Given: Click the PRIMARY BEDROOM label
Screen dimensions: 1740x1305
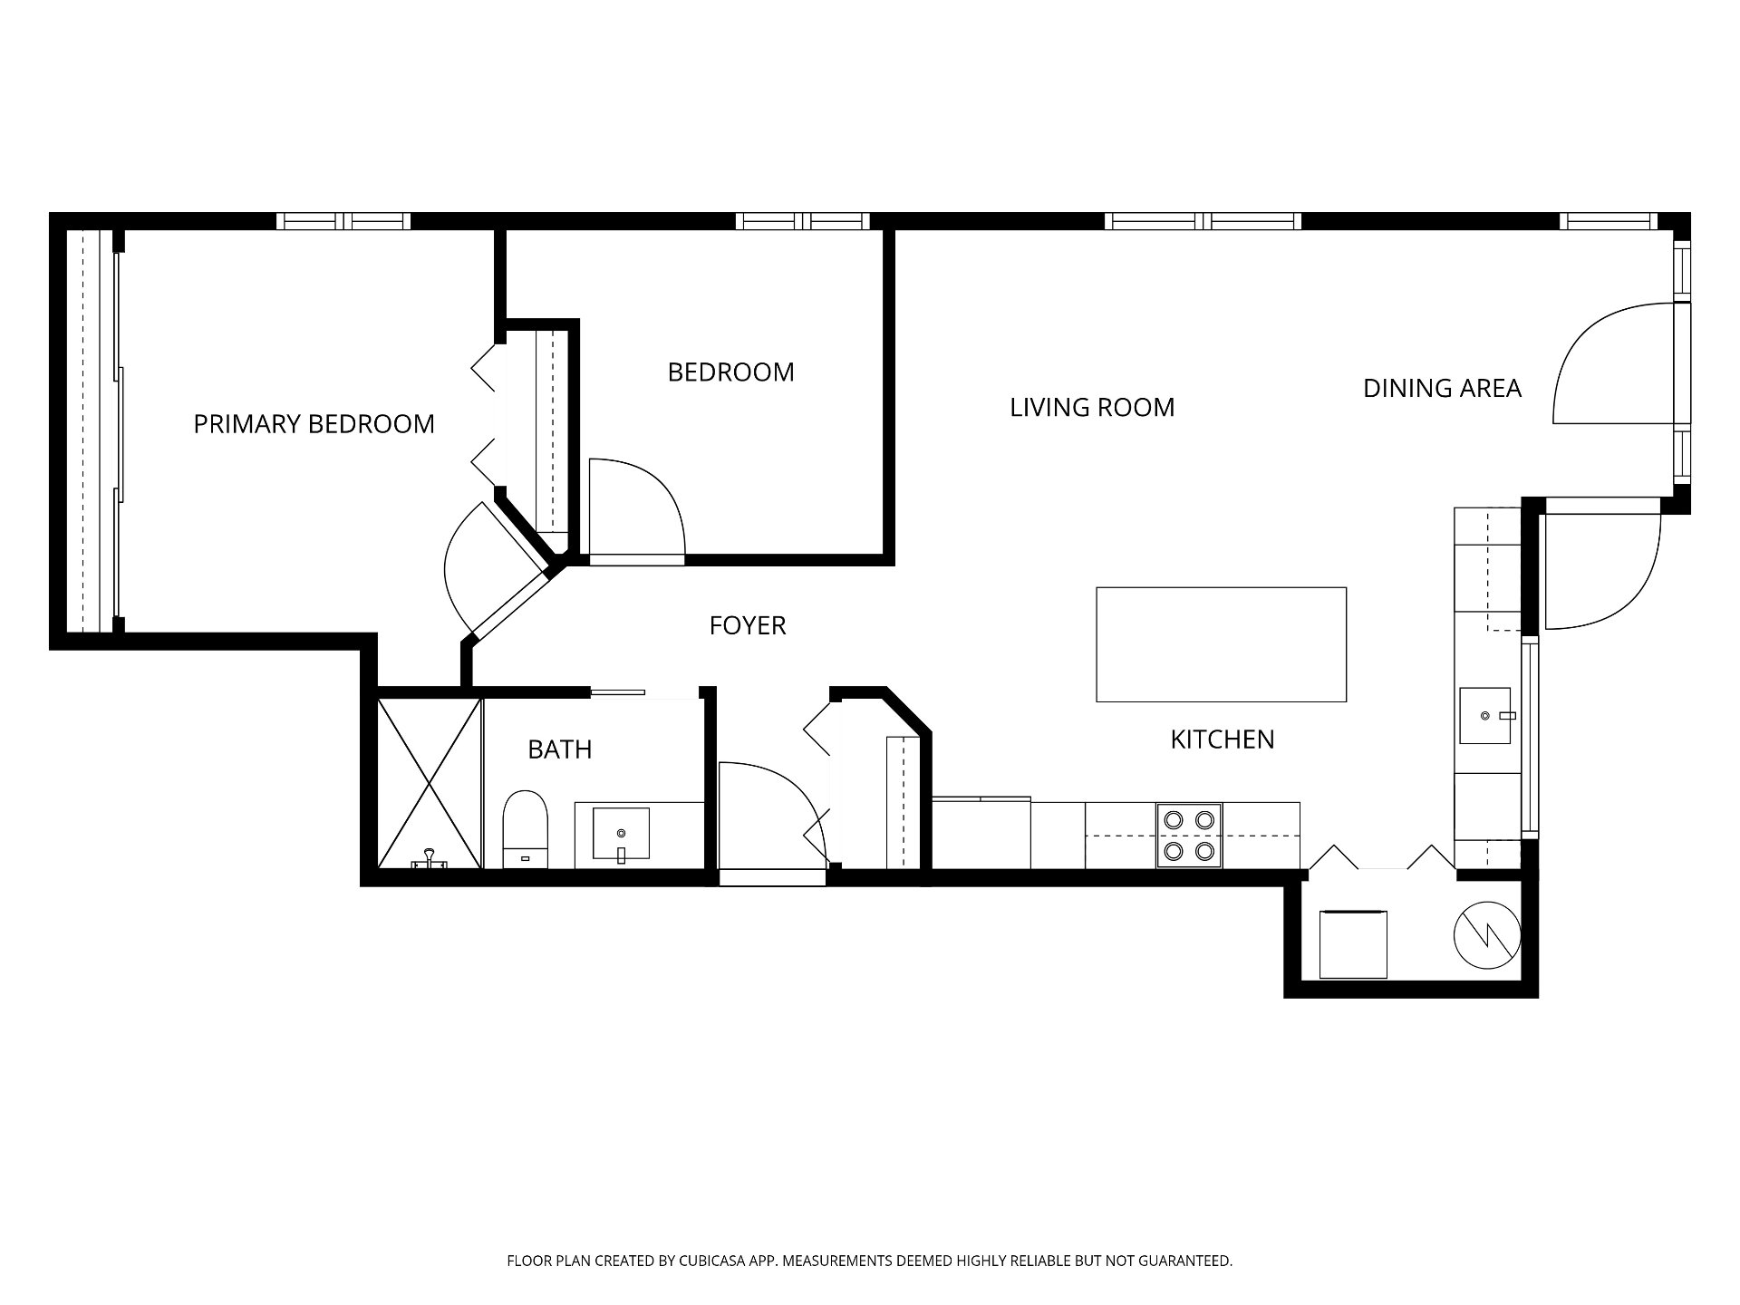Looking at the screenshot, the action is (314, 424).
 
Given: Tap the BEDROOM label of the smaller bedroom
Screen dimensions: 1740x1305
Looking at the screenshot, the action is (730, 372).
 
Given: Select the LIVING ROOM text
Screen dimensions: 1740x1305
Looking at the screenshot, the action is (1092, 408).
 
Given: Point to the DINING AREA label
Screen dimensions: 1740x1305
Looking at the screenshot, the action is (1442, 388).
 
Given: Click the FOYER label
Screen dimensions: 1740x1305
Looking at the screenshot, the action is (747, 625).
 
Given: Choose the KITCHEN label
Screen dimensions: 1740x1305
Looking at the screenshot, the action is (1223, 739).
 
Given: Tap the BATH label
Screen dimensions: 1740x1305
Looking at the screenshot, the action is (560, 749).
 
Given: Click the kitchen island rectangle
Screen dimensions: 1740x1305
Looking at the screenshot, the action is (1221, 644).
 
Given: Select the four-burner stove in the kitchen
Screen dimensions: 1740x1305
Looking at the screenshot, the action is (1189, 836).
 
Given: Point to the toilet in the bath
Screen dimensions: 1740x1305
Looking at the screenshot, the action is (526, 829).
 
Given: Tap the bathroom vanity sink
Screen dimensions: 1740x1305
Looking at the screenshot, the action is (621, 833).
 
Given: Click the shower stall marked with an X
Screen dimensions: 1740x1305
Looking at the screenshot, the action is (430, 783).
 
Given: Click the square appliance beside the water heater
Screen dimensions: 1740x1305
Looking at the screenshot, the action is (1353, 944).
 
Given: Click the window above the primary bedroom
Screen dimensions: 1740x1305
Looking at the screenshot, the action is (343, 221).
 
